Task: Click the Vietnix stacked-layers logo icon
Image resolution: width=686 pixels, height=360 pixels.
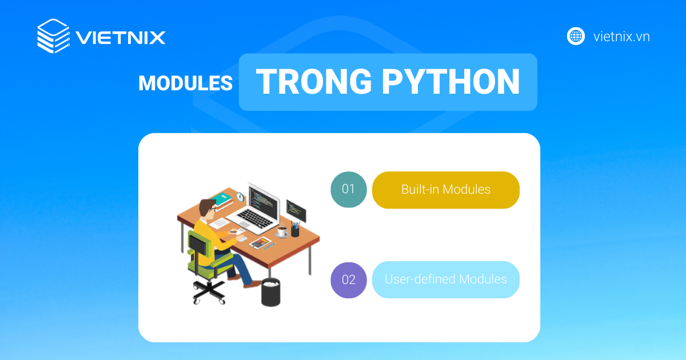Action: click(x=53, y=37)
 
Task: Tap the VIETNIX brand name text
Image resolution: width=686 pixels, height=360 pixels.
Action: click(x=121, y=38)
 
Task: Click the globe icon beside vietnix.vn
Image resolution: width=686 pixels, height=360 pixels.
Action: click(x=576, y=36)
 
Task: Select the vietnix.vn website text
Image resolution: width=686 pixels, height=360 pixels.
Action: click(x=621, y=37)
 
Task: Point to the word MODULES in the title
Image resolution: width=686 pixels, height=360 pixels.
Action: click(x=185, y=83)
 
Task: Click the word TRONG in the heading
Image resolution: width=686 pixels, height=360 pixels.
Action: click(x=314, y=82)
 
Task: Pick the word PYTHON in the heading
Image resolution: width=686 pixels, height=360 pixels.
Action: click(x=451, y=82)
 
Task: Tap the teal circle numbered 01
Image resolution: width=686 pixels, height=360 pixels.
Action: click(x=349, y=189)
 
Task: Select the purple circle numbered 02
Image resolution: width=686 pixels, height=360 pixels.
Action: click(x=349, y=280)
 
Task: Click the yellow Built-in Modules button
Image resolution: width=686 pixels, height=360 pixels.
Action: click(x=446, y=190)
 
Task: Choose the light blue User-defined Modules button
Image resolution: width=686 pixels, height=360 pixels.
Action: click(x=446, y=280)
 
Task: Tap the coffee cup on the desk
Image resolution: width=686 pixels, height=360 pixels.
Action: click(x=282, y=231)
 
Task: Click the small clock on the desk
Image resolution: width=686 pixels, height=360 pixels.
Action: click(x=240, y=197)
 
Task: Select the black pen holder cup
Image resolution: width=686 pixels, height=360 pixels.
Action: click(x=295, y=230)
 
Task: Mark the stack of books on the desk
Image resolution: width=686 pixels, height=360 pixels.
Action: click(x=222, y=199)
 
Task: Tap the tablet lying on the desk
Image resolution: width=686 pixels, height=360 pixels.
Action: click(x=261, y=242)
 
